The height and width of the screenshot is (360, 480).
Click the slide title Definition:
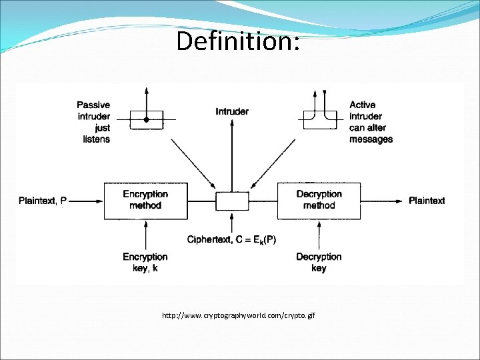(x=238, y=41)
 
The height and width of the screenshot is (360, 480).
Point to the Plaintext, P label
(x=43, y=201)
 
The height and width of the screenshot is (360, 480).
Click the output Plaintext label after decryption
(x=427, y=201)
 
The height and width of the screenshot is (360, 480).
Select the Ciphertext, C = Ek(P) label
(x=231, y=239)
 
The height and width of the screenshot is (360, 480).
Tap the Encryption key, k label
(x=145, y=263)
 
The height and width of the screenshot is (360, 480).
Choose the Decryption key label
(x=319, y=263)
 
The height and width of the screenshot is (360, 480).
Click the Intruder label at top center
(x=232, y=111)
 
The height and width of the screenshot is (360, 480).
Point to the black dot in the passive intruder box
(x=146, y=120)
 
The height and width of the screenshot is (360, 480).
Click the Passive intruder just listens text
(x=93, y=122)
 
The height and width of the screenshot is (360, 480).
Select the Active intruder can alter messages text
(x=371, y=122)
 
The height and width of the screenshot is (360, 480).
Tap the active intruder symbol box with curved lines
(x=304, y=120)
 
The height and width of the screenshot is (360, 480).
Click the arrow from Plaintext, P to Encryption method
(x=86, y=201)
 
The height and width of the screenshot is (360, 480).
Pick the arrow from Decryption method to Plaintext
(x=381, y=201)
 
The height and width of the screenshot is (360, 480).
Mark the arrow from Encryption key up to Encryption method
(x=146, y=235)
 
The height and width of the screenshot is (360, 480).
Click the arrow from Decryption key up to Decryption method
(x=319, y=235)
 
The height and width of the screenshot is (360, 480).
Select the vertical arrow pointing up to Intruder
(x=232, y=155)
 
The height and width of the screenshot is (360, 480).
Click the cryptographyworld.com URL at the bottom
(x=239, y=315)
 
